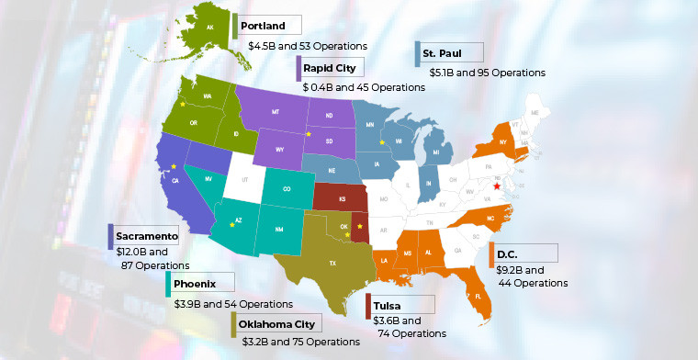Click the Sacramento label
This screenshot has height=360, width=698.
(145, 236)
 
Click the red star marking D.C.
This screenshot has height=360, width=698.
(497, 186)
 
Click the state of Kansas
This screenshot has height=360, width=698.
(338, 197)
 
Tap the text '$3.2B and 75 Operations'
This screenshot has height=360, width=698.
(301, 342)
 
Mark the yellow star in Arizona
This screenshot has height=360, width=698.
(232, 225)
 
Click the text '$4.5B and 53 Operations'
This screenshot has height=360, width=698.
(308, 45)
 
